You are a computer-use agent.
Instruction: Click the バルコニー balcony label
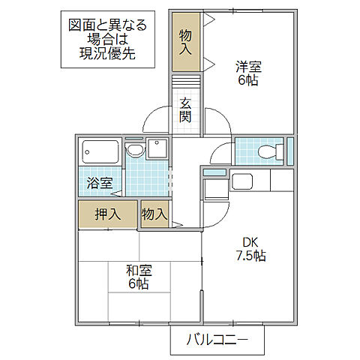[x=217, y=341]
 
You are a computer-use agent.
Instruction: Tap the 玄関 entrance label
[x=185, y=110]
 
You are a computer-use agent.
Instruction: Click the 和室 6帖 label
[x=136, y=277]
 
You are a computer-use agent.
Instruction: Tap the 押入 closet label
[x=107, y=214]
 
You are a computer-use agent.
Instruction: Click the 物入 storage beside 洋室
[x=185, y=43]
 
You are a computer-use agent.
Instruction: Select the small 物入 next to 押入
[x=154, y=214]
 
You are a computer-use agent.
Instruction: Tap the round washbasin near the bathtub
[x=135, y=151]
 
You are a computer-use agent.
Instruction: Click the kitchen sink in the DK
[x=243, y=181]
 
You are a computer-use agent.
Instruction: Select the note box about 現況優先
[x=105, y=40]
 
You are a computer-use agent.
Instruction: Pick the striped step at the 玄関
[x=185, y=82]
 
